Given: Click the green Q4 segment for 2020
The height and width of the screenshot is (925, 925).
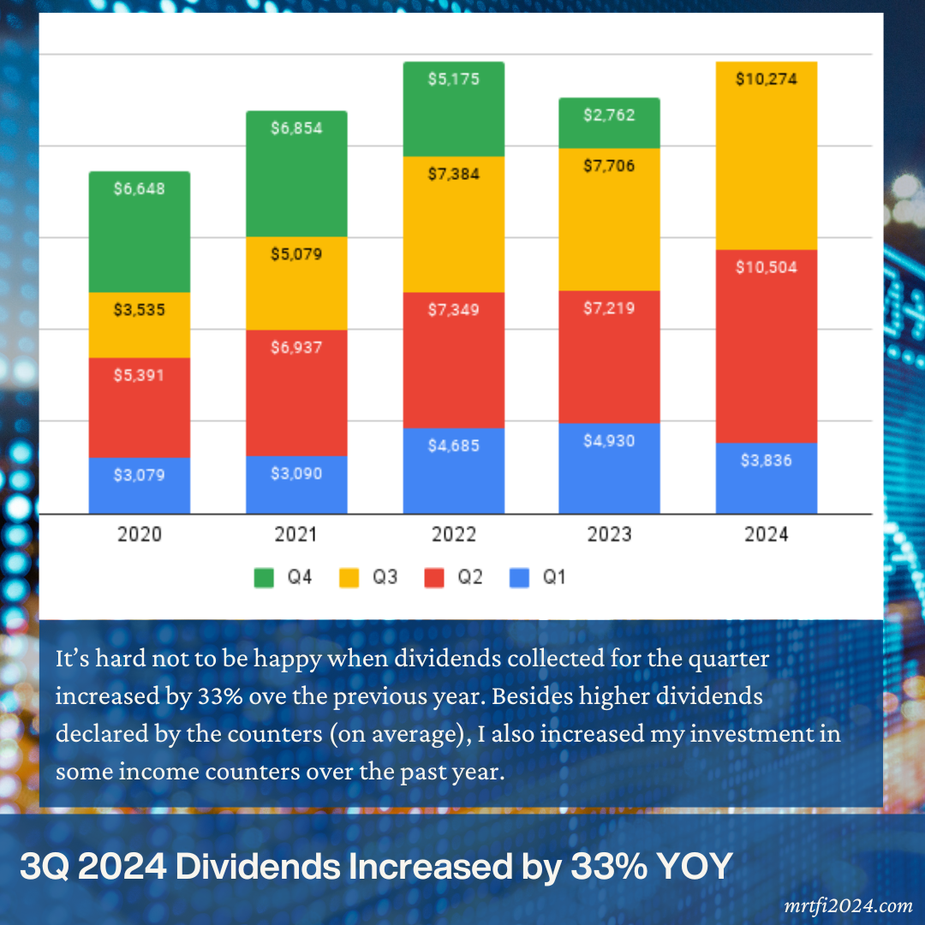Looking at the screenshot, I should pos(140,232).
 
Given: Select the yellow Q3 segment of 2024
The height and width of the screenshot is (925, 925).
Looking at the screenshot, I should pos(767,163).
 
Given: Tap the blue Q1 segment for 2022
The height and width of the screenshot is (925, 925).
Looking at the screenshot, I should pos(453,470).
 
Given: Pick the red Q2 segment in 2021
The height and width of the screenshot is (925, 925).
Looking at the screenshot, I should pos(296,392).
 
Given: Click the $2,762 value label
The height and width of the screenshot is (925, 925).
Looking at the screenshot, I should pos(609,115).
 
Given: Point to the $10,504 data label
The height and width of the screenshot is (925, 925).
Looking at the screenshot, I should pos(767,267).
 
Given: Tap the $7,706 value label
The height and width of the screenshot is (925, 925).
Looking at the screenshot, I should pos(609,166).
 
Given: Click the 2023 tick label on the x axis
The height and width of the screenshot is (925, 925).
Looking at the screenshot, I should pos(609,535).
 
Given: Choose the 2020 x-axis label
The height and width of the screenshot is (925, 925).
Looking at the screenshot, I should pos(140,535).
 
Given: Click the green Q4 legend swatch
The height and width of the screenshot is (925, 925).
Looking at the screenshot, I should pos(265,578).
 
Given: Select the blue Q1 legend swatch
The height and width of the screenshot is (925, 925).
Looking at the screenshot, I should pos(520,578).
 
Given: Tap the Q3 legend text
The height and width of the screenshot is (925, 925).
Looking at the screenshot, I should pos(385,578).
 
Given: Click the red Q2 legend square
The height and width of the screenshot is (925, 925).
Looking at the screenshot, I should pos(435,578).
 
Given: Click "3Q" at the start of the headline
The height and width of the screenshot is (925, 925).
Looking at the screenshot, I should pos(42,867).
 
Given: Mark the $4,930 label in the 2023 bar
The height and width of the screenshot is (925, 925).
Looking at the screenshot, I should pos(609,442).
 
